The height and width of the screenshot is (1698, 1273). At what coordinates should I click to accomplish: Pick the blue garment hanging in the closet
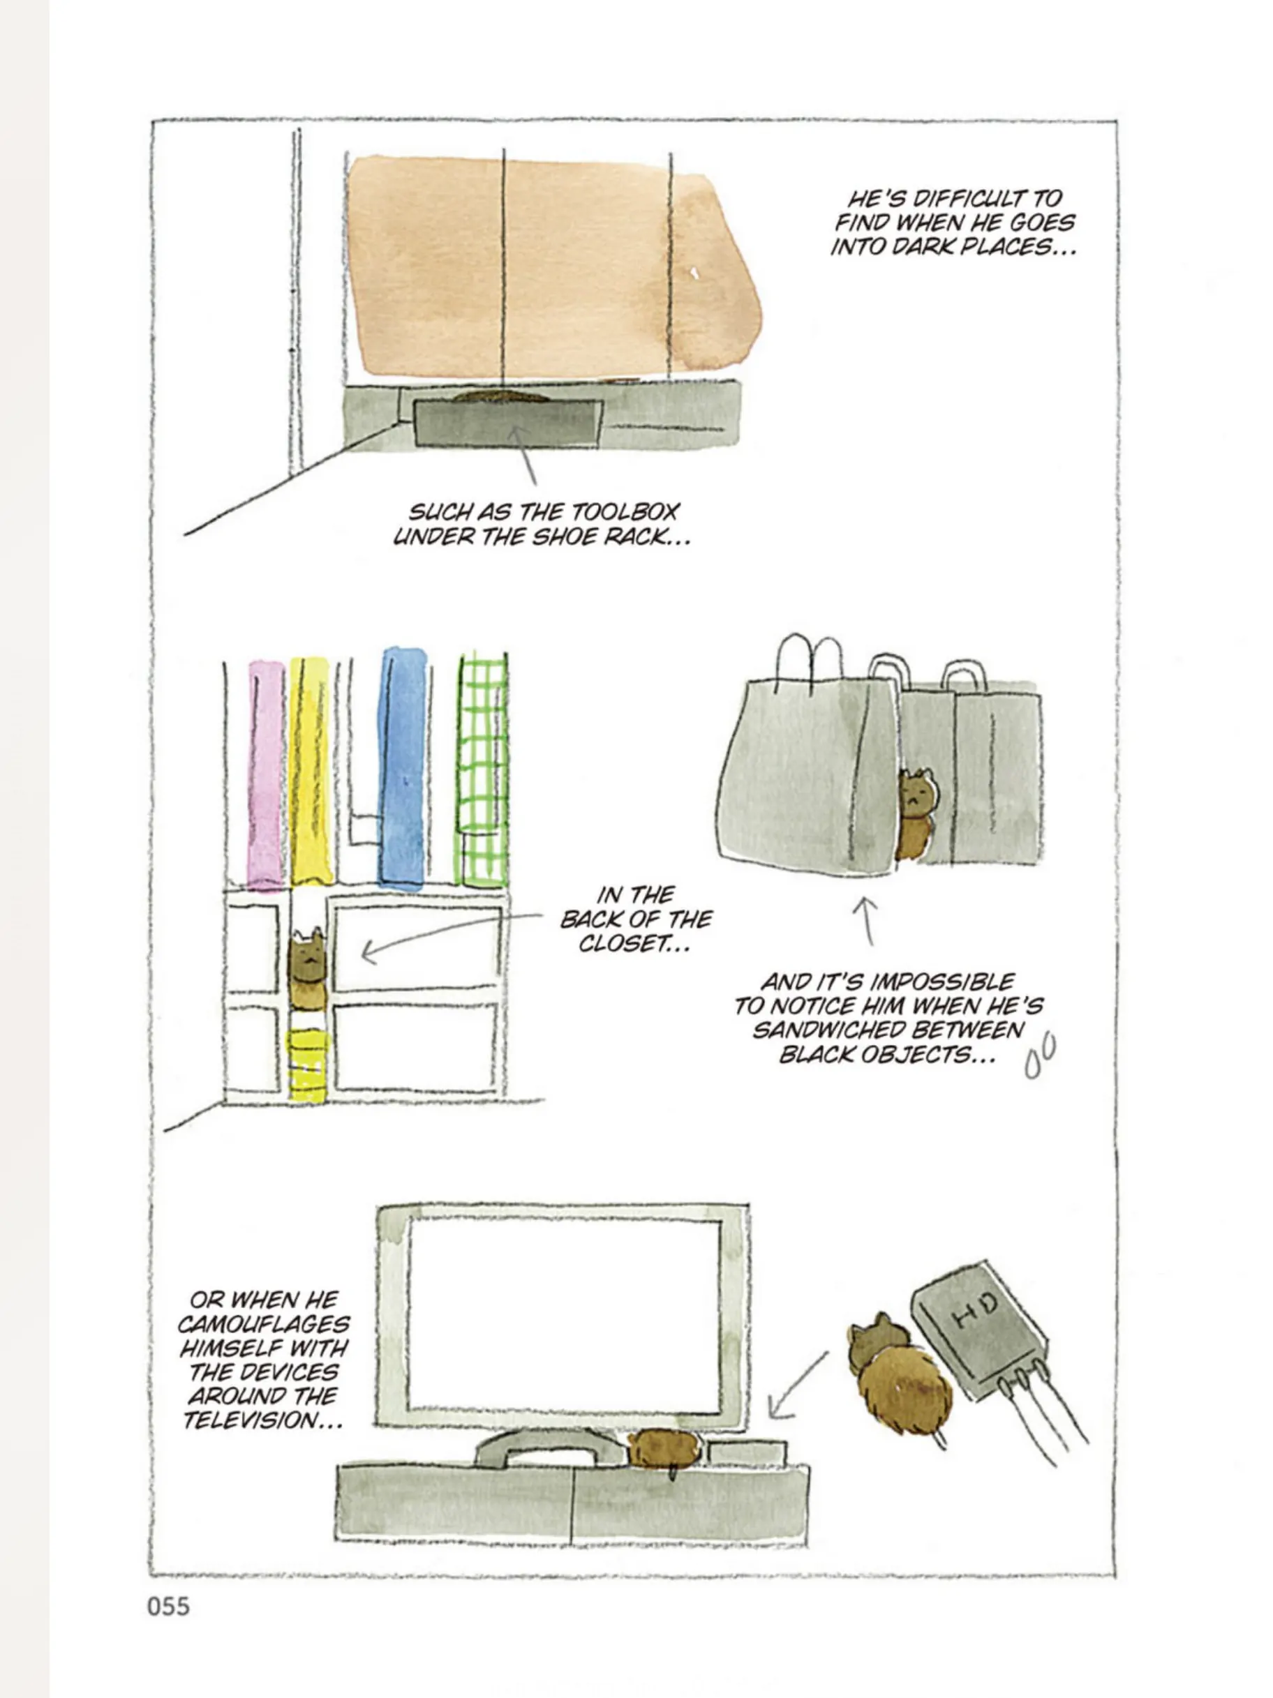point(401,767)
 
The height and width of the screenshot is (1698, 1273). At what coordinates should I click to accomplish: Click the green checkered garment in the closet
point(482,770)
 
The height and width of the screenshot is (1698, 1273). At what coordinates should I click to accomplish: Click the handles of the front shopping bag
point(810,663)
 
